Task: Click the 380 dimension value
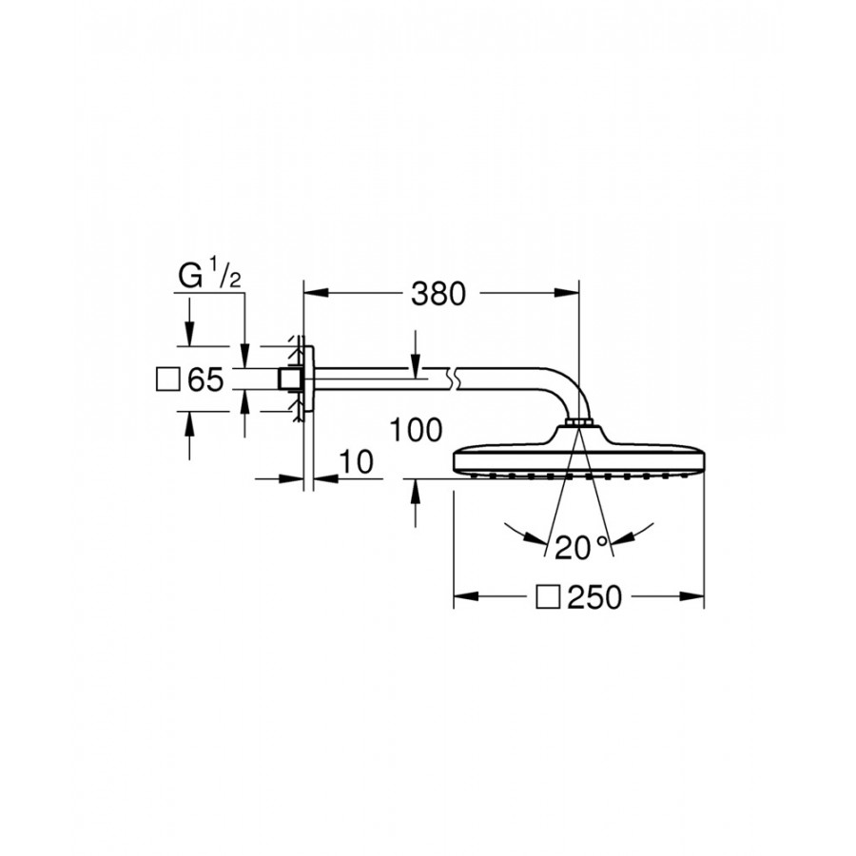click(438, 294)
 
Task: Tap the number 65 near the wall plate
click(205, 379)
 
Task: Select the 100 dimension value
click(416, 430)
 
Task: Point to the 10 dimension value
click(357, 462)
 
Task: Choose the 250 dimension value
click(594, 597)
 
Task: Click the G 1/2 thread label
click(209, 275)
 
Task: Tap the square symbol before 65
click(167, 379)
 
